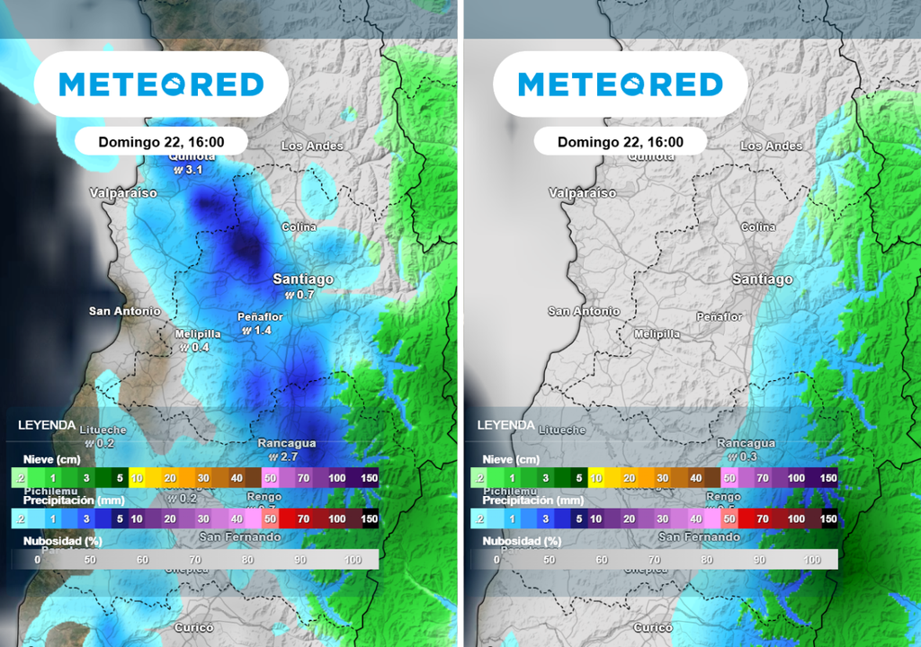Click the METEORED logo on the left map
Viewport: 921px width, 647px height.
tap(161, 84)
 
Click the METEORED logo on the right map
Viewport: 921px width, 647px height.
tap(621, 84)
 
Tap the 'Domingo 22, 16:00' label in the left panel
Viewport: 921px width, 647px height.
tap(161, 142)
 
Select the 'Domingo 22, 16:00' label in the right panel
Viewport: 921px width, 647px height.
tap(621, 142)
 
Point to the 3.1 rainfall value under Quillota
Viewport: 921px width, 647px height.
tap(193, 170)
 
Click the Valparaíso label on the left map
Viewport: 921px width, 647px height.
tap(123, 193)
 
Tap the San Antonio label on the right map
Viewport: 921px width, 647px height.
tap(584, 311)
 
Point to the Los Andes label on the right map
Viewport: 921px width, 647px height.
tap(771, 146)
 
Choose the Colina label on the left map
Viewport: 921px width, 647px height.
tap(299, 227)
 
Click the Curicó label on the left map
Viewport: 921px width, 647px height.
tap(193, 627)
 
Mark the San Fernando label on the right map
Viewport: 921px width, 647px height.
tap(699, 536)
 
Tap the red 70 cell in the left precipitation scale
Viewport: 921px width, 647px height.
tap(303, 518)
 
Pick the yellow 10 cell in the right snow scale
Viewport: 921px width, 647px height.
tap(595, 478)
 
